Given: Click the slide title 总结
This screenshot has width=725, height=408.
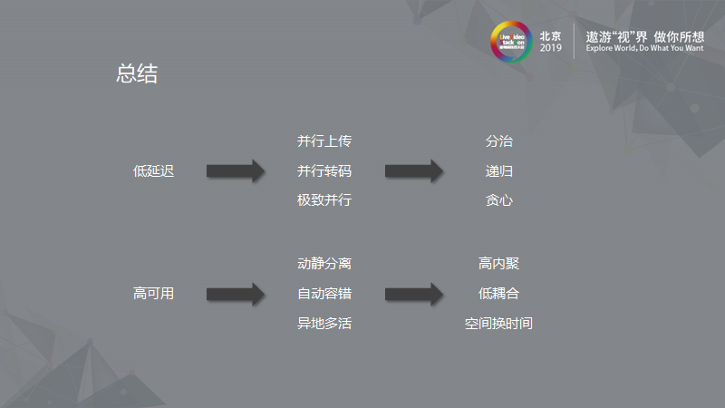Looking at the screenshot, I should [137, 74].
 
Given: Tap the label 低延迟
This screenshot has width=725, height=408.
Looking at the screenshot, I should [153, 170].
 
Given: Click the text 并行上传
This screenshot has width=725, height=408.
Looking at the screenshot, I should [324, 141].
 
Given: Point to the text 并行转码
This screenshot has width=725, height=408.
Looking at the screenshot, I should [324, 170].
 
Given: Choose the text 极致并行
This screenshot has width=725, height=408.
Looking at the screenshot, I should [324, 199].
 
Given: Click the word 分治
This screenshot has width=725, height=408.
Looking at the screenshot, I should [498, 141].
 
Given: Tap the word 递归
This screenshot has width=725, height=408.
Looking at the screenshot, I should [498, 170].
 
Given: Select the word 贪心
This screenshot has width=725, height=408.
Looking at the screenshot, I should [498, 199].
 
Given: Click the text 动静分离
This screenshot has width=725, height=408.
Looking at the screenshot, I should [324, 264].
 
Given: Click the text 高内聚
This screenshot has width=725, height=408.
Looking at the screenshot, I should [498, 264].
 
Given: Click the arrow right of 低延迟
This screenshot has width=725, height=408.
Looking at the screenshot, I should [236, 170].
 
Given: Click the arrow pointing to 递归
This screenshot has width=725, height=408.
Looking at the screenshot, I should [414, 170].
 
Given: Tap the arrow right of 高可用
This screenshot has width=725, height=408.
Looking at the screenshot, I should [236, 294].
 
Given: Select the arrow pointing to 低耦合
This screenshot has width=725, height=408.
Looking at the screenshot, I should [414, 294].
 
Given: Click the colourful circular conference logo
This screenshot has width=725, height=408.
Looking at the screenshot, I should [510, 42].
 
